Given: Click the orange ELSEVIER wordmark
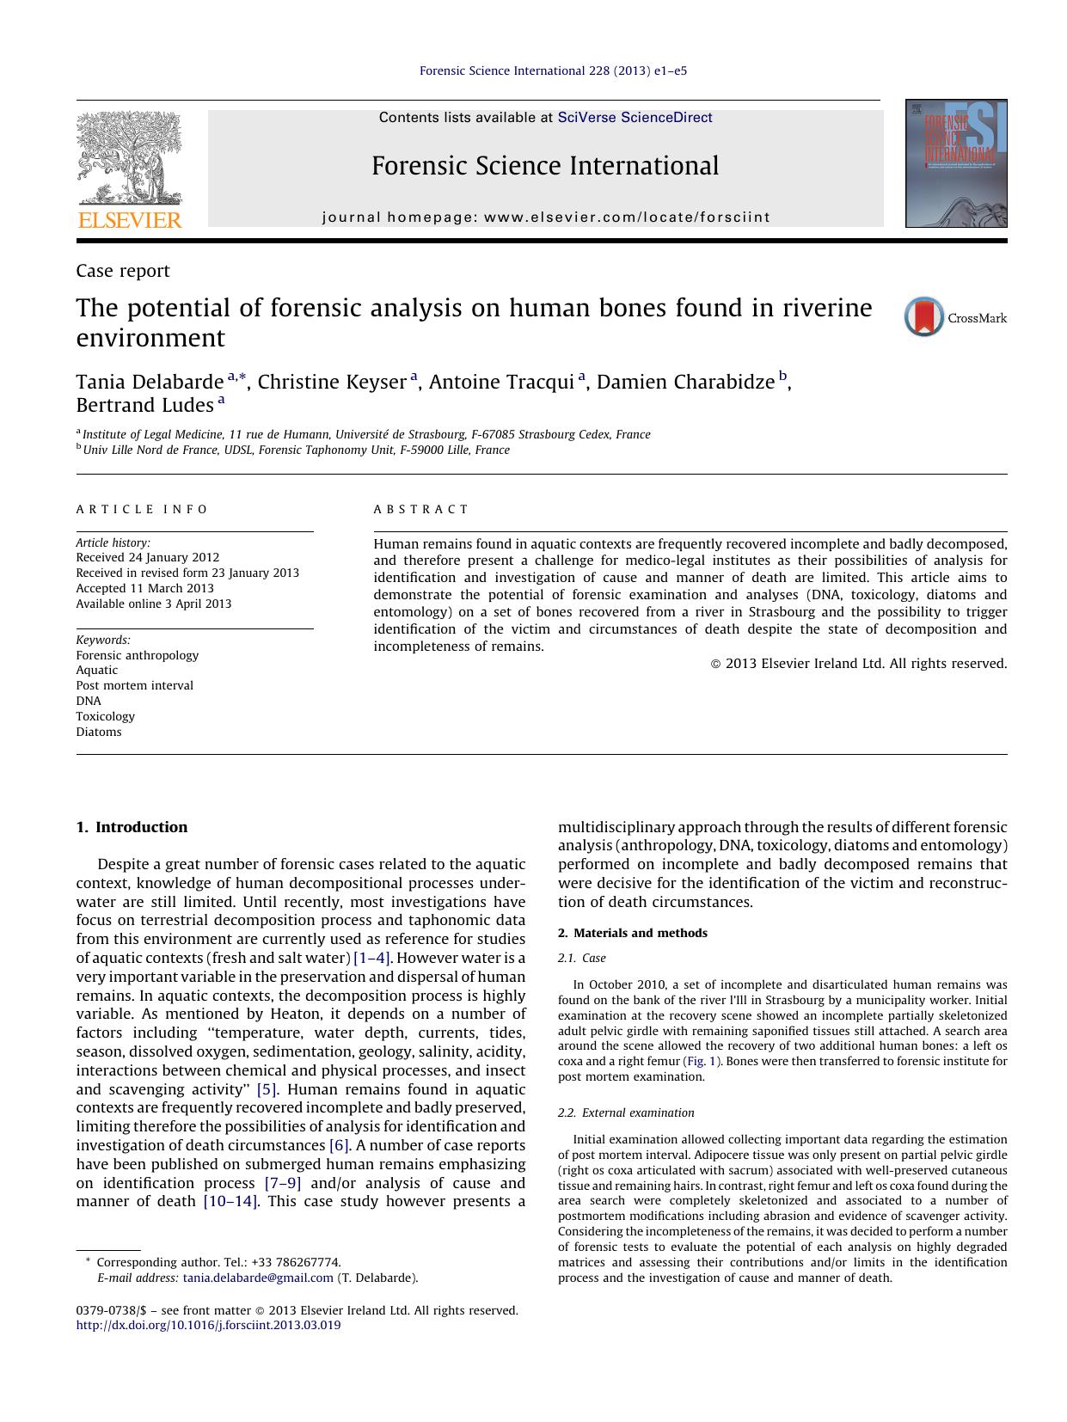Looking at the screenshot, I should coord(130,220).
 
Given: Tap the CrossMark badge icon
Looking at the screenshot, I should coord(924,317).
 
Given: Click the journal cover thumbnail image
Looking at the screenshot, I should coord(955,163).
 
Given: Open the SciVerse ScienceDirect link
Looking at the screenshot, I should coord(635,118).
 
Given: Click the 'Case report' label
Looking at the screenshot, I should coord(123,271).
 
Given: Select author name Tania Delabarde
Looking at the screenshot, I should coord(149,382).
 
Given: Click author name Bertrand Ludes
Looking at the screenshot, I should coord(144,405).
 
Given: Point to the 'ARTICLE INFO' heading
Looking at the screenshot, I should coord(142,509).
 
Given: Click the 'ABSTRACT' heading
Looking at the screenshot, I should coord(421,509).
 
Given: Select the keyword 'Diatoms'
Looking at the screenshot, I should coord(99,732).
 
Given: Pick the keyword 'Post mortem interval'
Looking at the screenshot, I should coord(134,685).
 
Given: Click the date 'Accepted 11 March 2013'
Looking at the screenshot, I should coord(144,588).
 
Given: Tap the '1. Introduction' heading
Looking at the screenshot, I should coord(132,827).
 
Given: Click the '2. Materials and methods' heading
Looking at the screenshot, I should coord(633,933).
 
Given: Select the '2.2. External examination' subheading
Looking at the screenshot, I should coord(626,1112).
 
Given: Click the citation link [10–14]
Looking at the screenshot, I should coord(230,1201).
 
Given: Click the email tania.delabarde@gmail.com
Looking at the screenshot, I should coord(258,1278).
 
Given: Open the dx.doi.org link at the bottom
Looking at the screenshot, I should coord(208,1325).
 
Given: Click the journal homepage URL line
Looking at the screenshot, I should coord(546,218).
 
